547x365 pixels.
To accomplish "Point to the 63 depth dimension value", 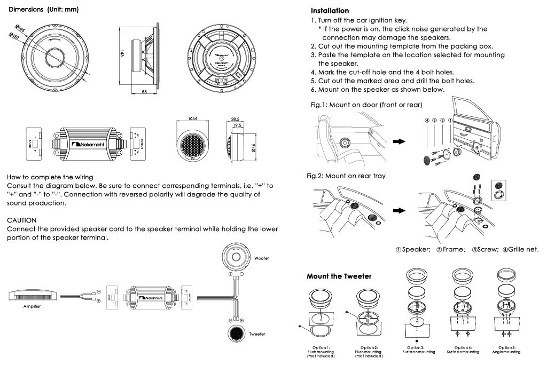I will pos(144,92).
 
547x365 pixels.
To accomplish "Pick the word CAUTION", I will pos(21,220).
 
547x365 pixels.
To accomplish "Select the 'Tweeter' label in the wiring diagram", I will pos(257,334).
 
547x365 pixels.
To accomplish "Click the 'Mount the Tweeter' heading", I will pos(339,276).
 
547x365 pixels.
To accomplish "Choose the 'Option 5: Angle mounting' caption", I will pos(507,350).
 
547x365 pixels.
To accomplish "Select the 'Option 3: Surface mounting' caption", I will pos(418,350).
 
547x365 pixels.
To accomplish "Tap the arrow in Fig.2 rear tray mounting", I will pos(399,210).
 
